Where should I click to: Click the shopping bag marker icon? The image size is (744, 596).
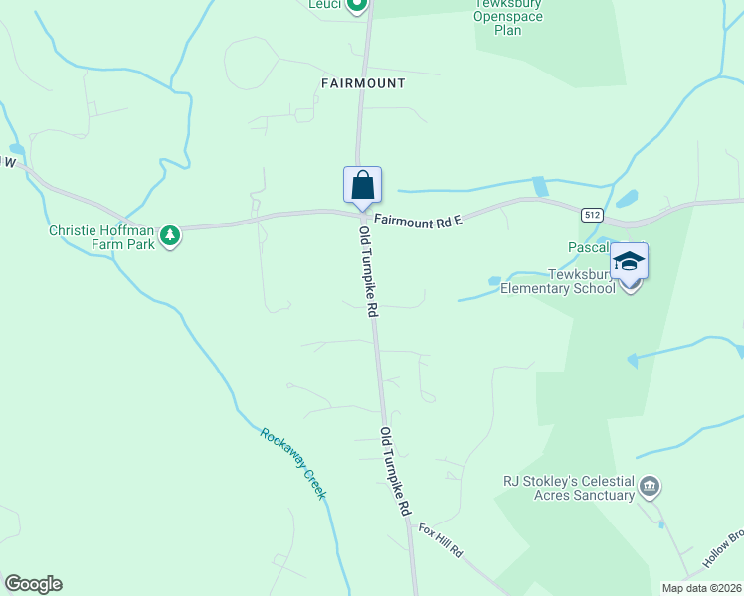[x=363, y=185]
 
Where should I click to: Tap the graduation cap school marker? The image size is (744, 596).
[x=629, y=262]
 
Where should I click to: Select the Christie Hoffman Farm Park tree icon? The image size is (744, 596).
[x=171, y=235]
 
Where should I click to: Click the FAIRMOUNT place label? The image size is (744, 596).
[x=363, y=83]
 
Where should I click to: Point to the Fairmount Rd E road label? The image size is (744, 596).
[x=418, y=222]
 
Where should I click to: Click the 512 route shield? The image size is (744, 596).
[x=592, y=215]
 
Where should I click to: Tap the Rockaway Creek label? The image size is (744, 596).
[x=293, y=463]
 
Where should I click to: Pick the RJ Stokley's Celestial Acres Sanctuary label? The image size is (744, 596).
[x=569, y=488]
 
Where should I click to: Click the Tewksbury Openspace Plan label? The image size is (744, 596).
[x=508, y=18]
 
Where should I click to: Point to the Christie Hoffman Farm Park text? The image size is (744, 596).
[x=101, y=236]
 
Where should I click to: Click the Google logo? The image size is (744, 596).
[x=33, y=584]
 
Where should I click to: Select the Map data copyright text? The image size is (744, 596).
[x=702, y=588]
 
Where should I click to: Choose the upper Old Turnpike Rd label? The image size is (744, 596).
[x=368, y=271]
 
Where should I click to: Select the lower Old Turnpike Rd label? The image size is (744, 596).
[x=395, y=472]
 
